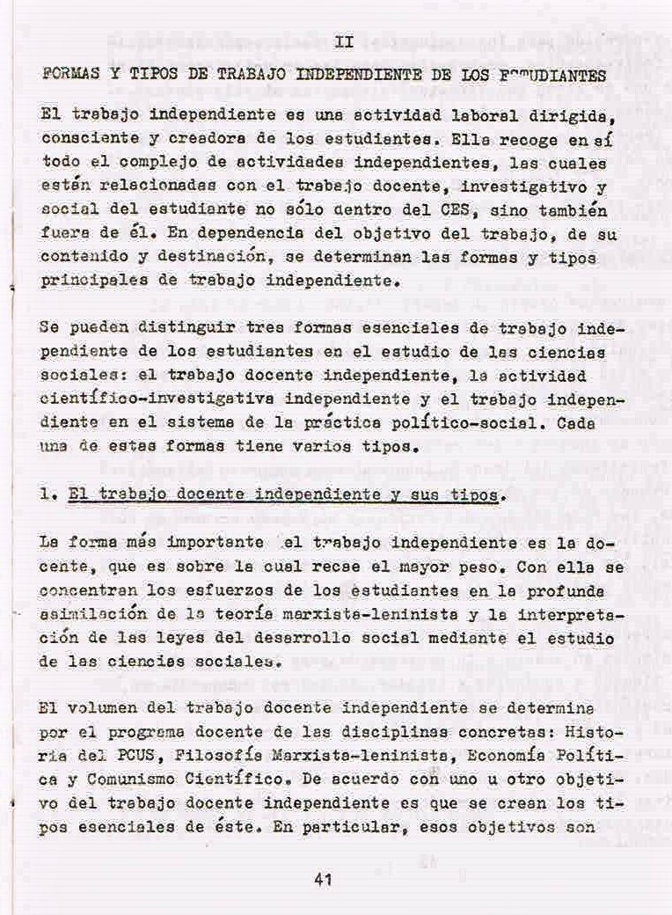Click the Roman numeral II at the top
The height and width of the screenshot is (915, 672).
pos(345,40)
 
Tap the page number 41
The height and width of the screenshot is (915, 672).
pos(322,878)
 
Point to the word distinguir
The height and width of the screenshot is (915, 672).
pos(175,326)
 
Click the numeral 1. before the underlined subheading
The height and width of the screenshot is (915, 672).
pos(49,495)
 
